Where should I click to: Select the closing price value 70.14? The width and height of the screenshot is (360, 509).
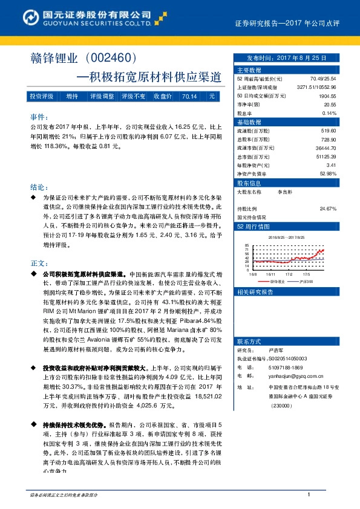[x=189, y=96]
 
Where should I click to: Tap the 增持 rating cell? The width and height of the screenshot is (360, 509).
[x=72, y=96]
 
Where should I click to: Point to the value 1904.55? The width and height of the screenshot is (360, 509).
[x=327, y=96]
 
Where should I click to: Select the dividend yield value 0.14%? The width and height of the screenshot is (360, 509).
[x=329, y=113]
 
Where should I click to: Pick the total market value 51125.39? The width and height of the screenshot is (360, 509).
[x=326, y=156]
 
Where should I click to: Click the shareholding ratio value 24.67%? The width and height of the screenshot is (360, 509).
[x=328, y=209]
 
